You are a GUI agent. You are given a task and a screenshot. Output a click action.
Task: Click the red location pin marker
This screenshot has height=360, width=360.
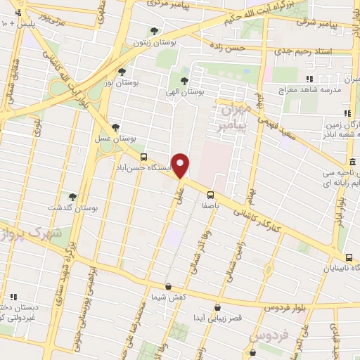[x=181, y=165]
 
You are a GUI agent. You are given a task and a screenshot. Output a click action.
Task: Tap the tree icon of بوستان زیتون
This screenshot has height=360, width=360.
[x=154, y=31]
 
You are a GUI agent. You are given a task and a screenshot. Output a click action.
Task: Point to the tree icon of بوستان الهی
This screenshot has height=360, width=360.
[x=184, y=81]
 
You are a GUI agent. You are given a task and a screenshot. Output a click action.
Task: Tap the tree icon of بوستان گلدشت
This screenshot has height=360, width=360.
[x=72, y=197]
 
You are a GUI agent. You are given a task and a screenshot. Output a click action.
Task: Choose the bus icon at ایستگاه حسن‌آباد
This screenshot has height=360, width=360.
[x=144, y=157]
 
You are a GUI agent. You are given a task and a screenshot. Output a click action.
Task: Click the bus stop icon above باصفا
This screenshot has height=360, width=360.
[x=210, y=195]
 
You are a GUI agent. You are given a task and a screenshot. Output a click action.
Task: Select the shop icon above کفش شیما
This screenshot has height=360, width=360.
[x=168, y=286]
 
